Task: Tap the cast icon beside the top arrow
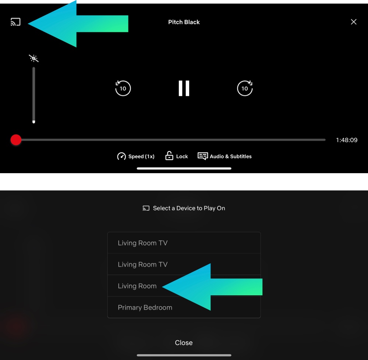pyautogui.click(x=15, y=22)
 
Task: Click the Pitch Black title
pyautogui.click(x=184, y=22)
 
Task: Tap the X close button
pyautogui.click(x=353, y=22)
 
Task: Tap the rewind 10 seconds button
pyautogui.click(x=123, y=88)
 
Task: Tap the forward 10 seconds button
pyautogui.click(x=245, y=88)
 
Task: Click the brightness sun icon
pyautogui.click(x=33, y=58)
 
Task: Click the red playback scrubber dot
pyautogui.click(x=16, y=140)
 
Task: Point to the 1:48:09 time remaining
pyautogui.click(x=347, y=140)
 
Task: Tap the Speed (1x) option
pyautogui.click(x=136, y=156)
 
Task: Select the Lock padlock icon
pyautogui.click(x=169, y=156)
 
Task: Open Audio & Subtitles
pyautogui.click(x=224, y=156)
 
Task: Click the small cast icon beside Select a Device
pyautogui.click(x=146, y=208)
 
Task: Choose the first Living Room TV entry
pyautogui.click(x=143, y=243)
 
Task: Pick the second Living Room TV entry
pyautogui.click(x=143, y=264)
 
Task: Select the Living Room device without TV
pyautogui.click(x=137, y=286)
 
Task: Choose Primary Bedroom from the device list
pyautogui.click(x=145, y=307)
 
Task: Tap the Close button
pyautogui.click(x=184, y=343)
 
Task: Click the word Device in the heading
pyautogui.click(x=186, y=208)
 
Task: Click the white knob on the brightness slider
pyautogui.click(x=33, y=122)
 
